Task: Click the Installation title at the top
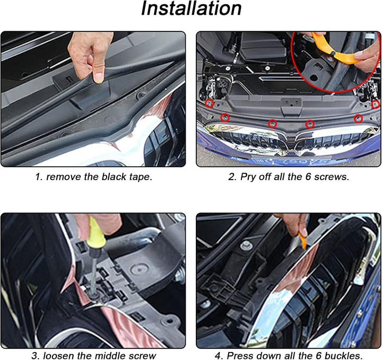(191, 8)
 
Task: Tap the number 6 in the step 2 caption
(308, 176)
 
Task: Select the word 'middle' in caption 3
(109, 355)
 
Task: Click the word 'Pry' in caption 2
(248, 177)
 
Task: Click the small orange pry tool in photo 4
(302, 241)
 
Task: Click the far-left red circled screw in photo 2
(210, 104)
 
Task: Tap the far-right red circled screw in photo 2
(375, 105)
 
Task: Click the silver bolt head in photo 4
(246, 245)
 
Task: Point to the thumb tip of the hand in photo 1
(99, 77)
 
